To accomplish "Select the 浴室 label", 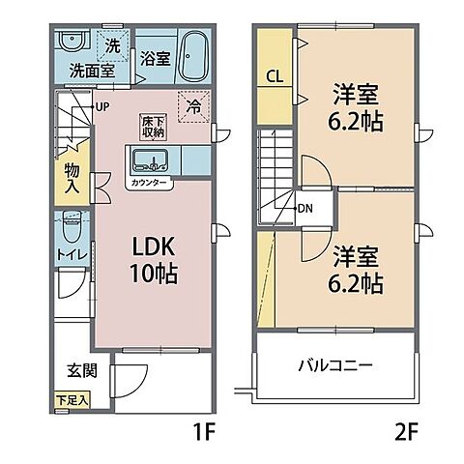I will tap(154, 58).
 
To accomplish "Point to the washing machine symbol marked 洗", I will tap(110, 44).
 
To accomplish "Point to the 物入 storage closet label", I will tap(71, 177).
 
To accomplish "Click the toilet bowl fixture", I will tap(68, 228).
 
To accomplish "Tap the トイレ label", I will tap(68, 255).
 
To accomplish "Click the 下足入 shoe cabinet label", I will tap(70, 397).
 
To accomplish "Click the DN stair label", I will tap(304, 208).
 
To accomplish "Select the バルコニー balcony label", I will tap(334, 366).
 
